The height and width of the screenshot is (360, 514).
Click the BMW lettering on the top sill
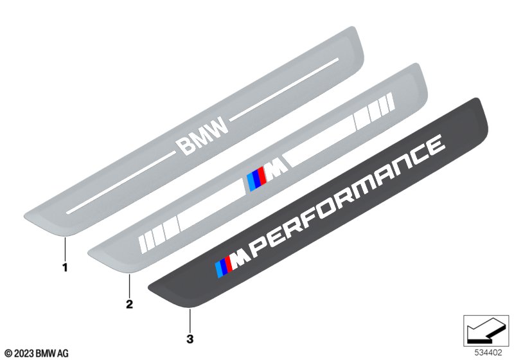(202, 135)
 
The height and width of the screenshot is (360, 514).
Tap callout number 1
(66, 267)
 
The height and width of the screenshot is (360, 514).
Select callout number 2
(130, 304)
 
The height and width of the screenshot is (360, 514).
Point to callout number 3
(190, 339)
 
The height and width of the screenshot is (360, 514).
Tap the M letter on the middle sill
(277, 169)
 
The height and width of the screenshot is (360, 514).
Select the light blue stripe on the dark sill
(219, 270)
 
